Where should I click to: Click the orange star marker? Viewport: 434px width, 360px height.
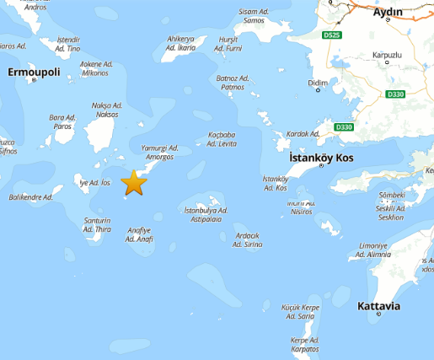(x=134, y=182)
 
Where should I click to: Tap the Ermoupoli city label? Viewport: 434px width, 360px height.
(x=34, y=73)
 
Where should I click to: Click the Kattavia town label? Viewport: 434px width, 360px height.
(x=378, y=304)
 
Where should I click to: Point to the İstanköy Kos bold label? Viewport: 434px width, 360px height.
(x=321, y=158)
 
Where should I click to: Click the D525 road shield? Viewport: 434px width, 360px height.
(x=331, y=36)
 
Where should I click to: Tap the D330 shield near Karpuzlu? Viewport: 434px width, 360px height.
(x=394, y=95)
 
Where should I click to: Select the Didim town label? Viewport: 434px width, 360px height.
(x=319, y=83)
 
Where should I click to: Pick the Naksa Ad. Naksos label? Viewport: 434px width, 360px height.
(x=106, y=110)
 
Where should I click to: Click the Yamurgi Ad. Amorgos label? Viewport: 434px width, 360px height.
(x=159, y=152)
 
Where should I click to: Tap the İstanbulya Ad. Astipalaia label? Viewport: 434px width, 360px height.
(x=206, y=214)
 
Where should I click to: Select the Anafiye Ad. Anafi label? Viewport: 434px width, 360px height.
(x=139, y=234)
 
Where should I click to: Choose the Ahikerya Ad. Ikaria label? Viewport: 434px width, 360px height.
(x=181, y=43)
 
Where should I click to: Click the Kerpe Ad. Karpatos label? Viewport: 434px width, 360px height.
(x=304, y=344)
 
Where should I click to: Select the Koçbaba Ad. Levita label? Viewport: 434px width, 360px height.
(x=222, y=139)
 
